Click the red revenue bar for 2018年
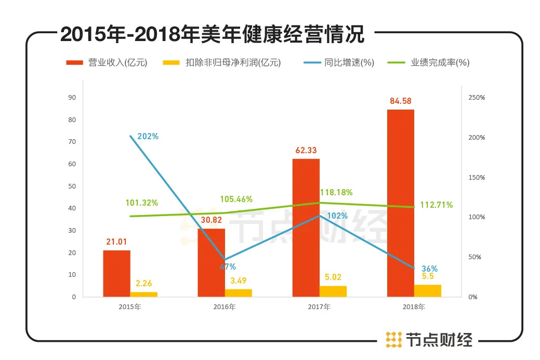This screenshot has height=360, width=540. pos(400,203)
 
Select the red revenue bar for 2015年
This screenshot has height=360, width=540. pos(116,273)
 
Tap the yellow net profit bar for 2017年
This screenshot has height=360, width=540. pos(333,291)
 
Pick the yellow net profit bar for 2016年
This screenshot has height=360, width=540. pos(238,293)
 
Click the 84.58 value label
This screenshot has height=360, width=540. pos(401,101)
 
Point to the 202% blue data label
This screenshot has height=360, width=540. pos(148,137)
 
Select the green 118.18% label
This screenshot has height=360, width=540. pos(336,192)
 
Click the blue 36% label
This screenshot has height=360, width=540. pos(429,269)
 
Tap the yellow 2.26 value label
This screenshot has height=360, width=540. pos(144,283)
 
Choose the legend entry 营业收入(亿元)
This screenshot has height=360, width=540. pos(107,63)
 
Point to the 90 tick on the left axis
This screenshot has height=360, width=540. pos(72,98)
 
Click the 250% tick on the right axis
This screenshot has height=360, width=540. pos(477,98)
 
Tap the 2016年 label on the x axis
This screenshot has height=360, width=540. pos(225,307)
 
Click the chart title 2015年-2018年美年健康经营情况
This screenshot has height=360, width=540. pos(212,35)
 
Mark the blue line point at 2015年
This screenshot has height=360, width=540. pos(130,136)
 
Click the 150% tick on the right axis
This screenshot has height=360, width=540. pos(477,177)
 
